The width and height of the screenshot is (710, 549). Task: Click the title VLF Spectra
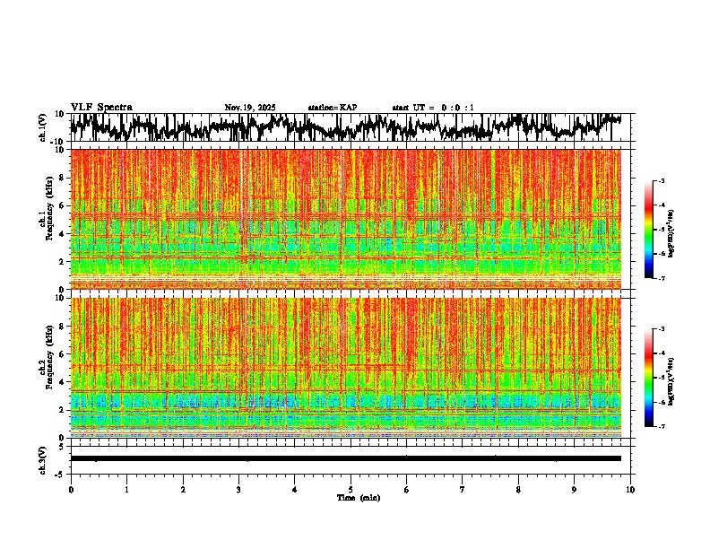point(100,108)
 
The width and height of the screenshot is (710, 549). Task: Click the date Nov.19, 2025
point(250,108)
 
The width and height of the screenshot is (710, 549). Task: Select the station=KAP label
point(333,108)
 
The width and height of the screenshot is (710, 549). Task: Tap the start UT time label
point(433,108)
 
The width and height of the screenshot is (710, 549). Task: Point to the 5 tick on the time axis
point(351,490)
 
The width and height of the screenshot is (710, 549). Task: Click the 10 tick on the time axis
point(630,490)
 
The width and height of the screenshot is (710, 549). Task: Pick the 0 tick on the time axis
point(71,490)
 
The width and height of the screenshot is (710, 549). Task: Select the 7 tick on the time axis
point(463,490)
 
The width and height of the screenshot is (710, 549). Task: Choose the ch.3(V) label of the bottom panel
point(43,458)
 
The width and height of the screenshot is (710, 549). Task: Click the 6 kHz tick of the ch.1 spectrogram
point(63,205)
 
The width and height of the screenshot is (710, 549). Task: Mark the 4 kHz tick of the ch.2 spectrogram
point(63,381)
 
